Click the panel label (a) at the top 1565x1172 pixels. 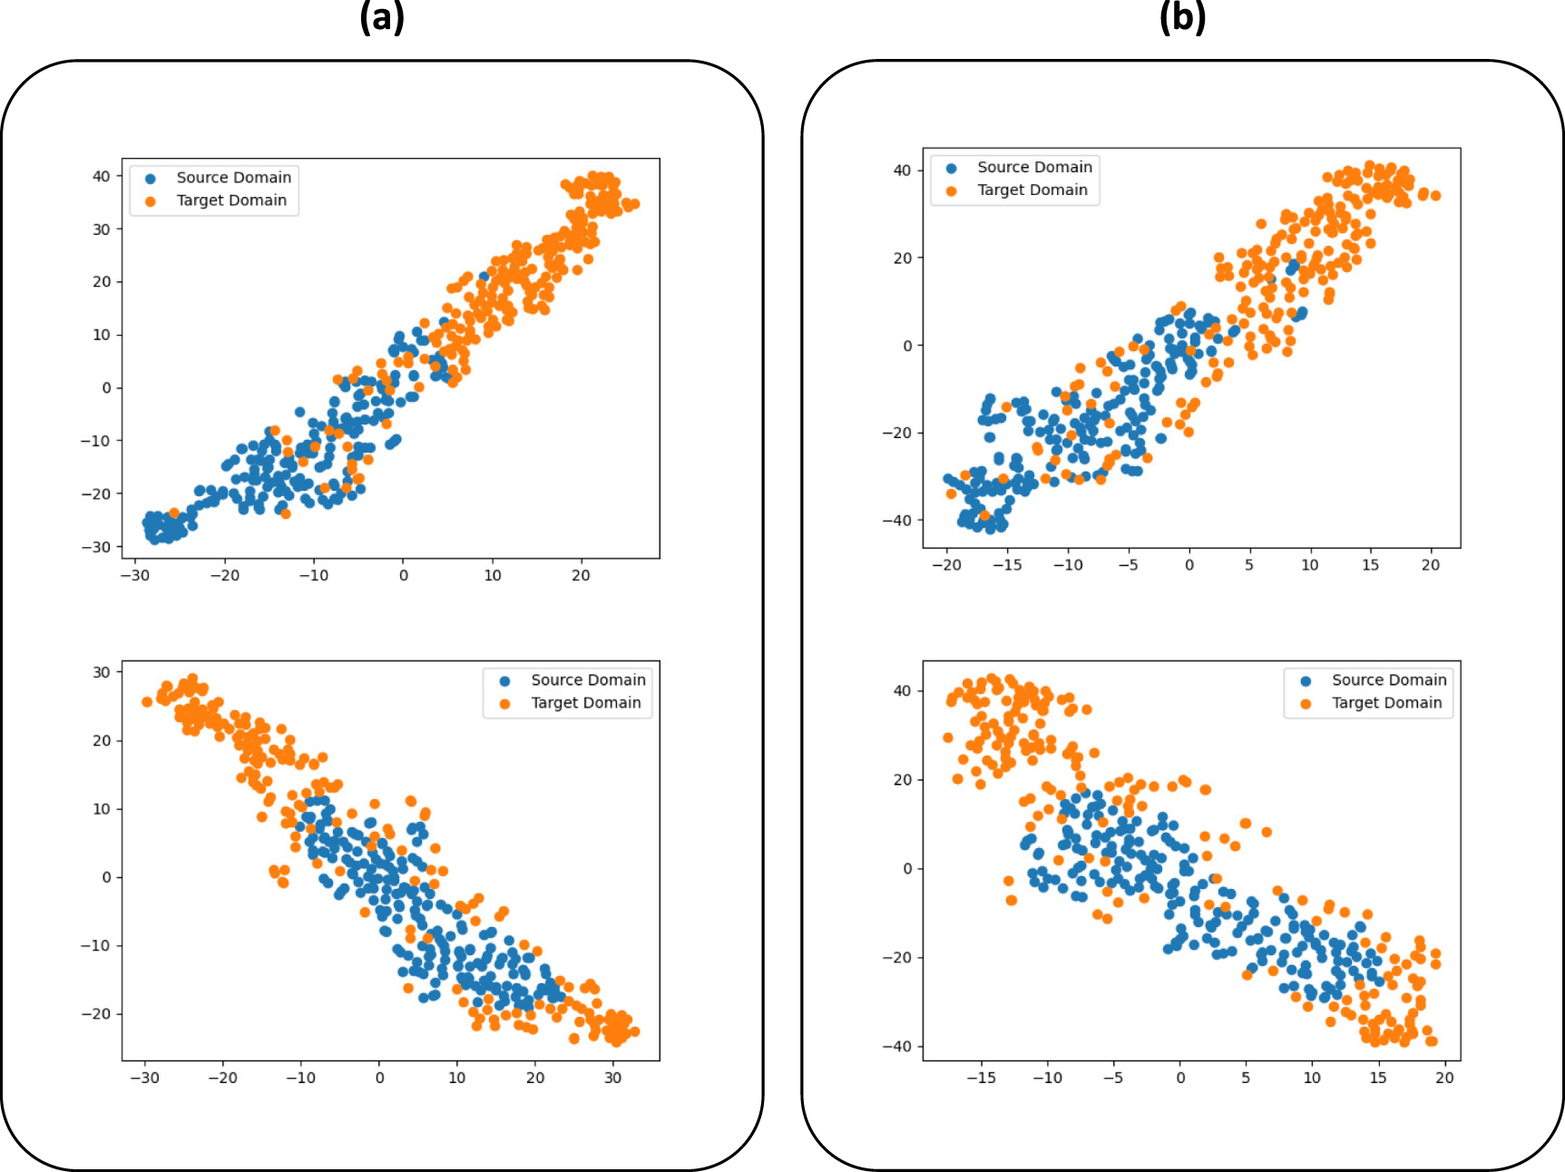point(382,16)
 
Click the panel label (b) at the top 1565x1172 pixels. point(1182,16)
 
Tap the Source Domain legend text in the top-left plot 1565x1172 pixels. point(233,178)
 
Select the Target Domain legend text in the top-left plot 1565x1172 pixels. point(230,200)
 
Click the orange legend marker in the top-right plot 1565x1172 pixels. point(951,190)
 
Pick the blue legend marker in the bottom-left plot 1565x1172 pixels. point(505,680)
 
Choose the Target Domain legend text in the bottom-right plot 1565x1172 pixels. point(1385,703)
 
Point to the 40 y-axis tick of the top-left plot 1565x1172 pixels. point(101,176)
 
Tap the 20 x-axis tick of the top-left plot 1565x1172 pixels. point(581,575)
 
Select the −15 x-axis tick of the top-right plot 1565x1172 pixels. point(1006,564)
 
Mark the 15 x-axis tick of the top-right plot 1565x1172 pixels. point(1370,564)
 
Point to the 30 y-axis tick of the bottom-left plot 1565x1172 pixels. point(101,672)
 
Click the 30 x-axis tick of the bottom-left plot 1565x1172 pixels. point(613,1078)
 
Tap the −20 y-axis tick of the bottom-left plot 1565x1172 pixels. point(96,1014)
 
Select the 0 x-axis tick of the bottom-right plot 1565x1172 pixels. point(1179,1078)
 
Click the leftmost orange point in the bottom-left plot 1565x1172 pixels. point(147,702)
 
